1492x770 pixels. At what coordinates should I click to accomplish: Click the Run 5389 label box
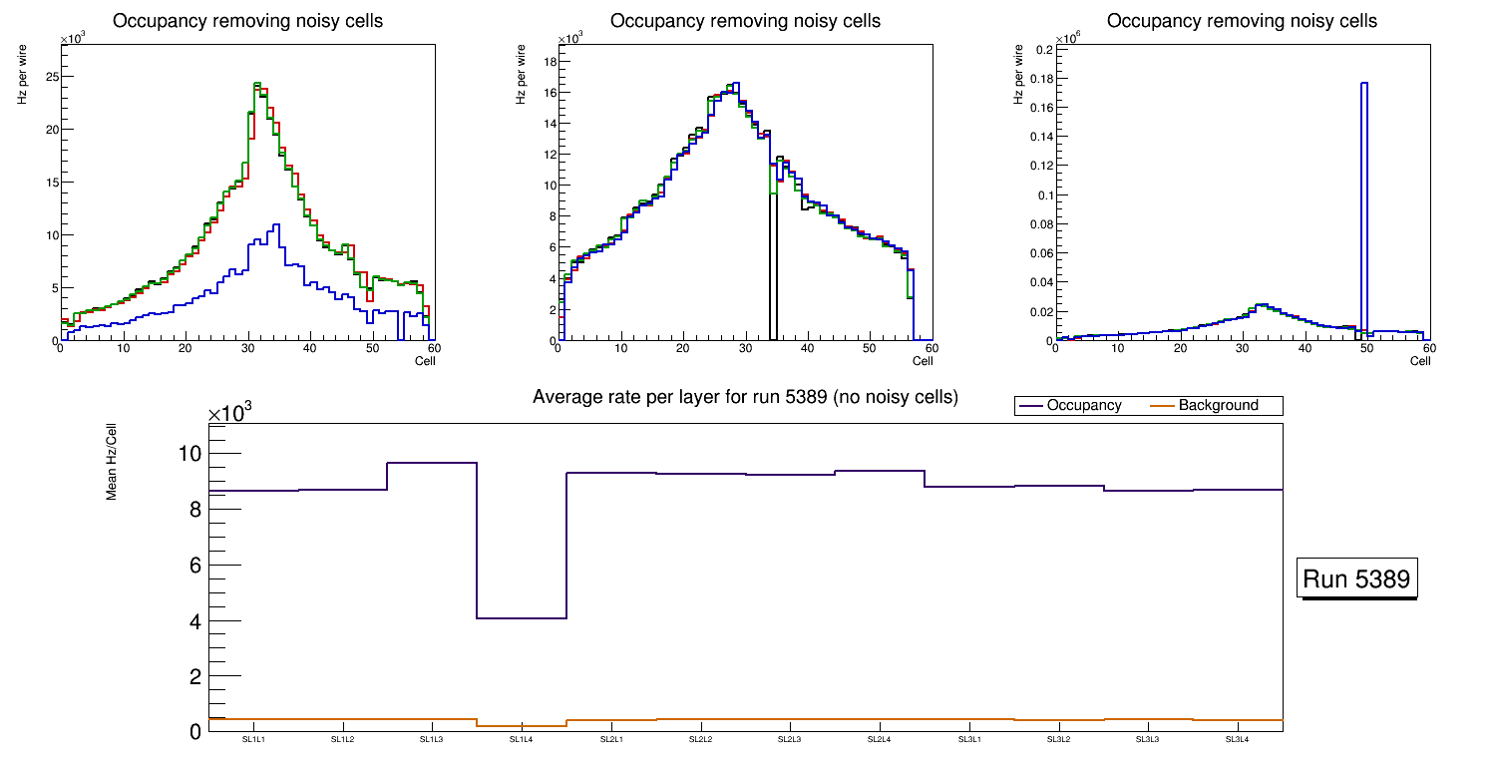(x=1357, y=579)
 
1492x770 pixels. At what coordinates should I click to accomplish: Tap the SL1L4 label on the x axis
(x=522, y=740)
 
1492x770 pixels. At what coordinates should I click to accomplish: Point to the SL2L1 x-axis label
(x=611, y=740)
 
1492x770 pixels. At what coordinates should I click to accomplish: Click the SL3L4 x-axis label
(x=1238, y=740)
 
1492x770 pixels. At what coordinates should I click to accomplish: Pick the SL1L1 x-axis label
(x=253, y=740)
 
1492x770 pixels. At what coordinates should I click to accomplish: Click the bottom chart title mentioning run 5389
(x=745, y=397)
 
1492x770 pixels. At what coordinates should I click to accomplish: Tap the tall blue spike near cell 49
(x=1363, y=199)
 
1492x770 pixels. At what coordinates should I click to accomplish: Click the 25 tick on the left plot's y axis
(x=50, y=77)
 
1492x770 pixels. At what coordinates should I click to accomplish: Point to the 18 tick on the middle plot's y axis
(x=549, y=62)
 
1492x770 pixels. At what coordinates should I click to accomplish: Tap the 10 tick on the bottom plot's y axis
(x=188, y=454)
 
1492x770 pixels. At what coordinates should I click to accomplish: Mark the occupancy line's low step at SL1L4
(x=522, y=618)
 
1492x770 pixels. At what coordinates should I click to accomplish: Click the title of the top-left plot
(x=247, y=21)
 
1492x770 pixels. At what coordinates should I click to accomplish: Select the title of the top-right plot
(x=1242, y=21)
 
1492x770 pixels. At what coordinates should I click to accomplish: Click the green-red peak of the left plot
(x=257, y=85)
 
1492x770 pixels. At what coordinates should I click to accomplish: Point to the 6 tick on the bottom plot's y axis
(x=193, y=566)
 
